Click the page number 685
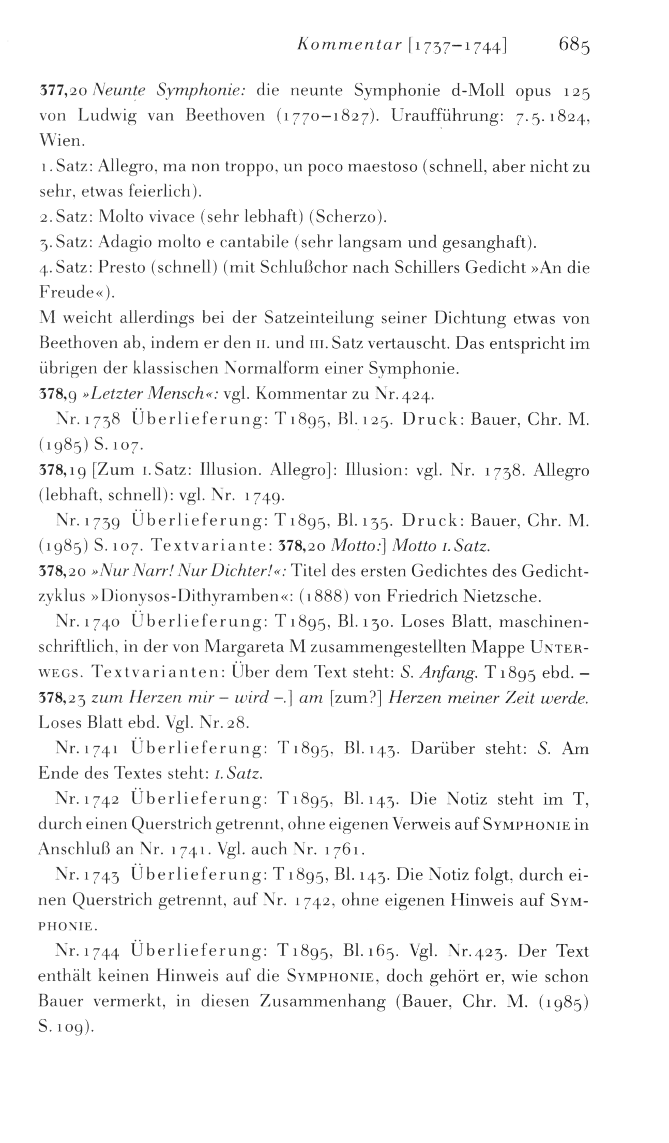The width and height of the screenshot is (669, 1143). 574,47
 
